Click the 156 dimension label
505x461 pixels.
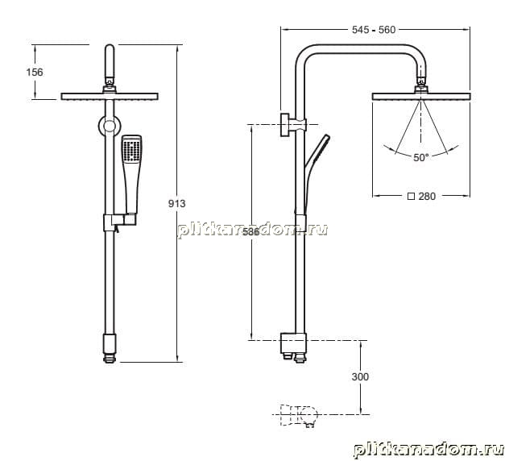click(35, 72)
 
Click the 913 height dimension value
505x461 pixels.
click(177, 203)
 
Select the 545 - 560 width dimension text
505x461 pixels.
click(374, 30)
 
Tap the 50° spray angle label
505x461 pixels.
click(421, 158)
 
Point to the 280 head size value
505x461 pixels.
click(427, 197)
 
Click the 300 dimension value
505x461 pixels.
click(360, 376)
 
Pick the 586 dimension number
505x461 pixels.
click(251, 231)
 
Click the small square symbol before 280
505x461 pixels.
click(411, 197)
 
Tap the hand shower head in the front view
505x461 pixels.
click(132, 149)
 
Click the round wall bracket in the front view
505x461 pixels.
click(110, 126)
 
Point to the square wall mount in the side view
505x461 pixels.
click(286, 125)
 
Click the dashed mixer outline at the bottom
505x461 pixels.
click(299, 415)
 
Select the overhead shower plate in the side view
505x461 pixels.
click(421, 97)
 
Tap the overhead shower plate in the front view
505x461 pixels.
click(110, 97)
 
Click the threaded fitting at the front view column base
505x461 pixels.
click(110, 359)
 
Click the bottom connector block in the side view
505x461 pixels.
click(293, 343)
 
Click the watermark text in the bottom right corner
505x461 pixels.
click(428, 449)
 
